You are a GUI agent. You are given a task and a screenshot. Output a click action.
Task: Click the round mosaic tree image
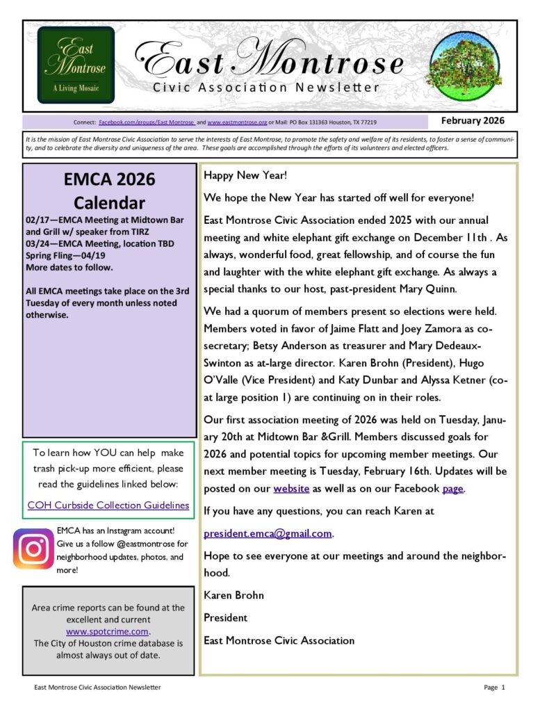click(x=466, y=66)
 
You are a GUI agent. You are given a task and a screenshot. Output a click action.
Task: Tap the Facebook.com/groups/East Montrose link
click(x=147, y=122)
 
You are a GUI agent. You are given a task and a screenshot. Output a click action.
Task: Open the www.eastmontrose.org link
click(x=237, y=122)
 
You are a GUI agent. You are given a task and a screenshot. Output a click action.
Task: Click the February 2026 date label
click(x=473, y=121)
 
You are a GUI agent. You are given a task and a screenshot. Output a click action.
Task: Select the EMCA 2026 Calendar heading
click(x=109, y=191)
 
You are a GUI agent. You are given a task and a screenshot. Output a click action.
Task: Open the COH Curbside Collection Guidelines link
click(x=108, y=505)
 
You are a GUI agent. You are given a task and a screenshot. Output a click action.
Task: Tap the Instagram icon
click(x=33, y=549)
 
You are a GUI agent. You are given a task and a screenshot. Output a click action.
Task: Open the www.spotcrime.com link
click(x=108, y=631)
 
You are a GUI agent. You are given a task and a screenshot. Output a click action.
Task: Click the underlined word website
click(x=291, y=489)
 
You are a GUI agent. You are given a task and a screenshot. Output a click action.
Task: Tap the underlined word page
click(x=452, y=489)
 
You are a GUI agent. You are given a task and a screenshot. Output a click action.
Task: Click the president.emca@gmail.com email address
click(x=268, y=534)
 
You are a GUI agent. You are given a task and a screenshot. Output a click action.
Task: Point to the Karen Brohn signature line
click(x=234, y=595)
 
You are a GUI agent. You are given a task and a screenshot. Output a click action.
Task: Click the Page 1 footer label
click(x=494, y=688)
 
